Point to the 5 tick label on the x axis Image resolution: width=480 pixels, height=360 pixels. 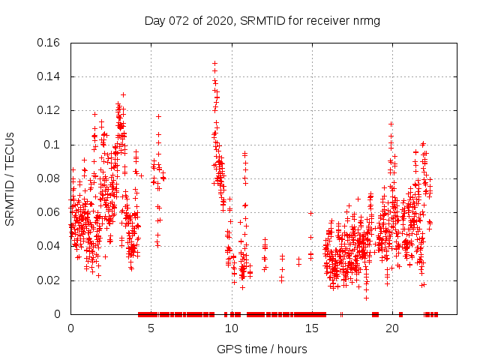[x=151, y=328]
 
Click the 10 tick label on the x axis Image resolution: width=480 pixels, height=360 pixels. [x=232, y=328]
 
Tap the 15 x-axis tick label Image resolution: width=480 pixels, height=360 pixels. [x=312, y=328]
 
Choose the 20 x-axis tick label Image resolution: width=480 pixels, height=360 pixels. [x=392, y=328]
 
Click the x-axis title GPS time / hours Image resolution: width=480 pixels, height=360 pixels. [x=261, y=349]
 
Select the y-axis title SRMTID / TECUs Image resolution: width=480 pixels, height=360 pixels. [x=10, y=178]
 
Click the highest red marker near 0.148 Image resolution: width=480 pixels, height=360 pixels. [x=214, y=64]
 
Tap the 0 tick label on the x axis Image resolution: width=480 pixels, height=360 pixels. [x=70, y=328]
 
